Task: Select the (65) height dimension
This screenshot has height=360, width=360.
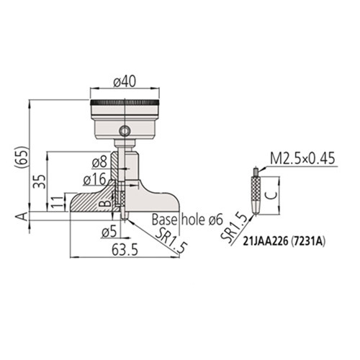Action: [22, 157]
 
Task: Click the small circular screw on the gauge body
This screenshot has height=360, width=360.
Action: [126, 131]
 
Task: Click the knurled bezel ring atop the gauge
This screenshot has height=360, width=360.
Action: [125, 103]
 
